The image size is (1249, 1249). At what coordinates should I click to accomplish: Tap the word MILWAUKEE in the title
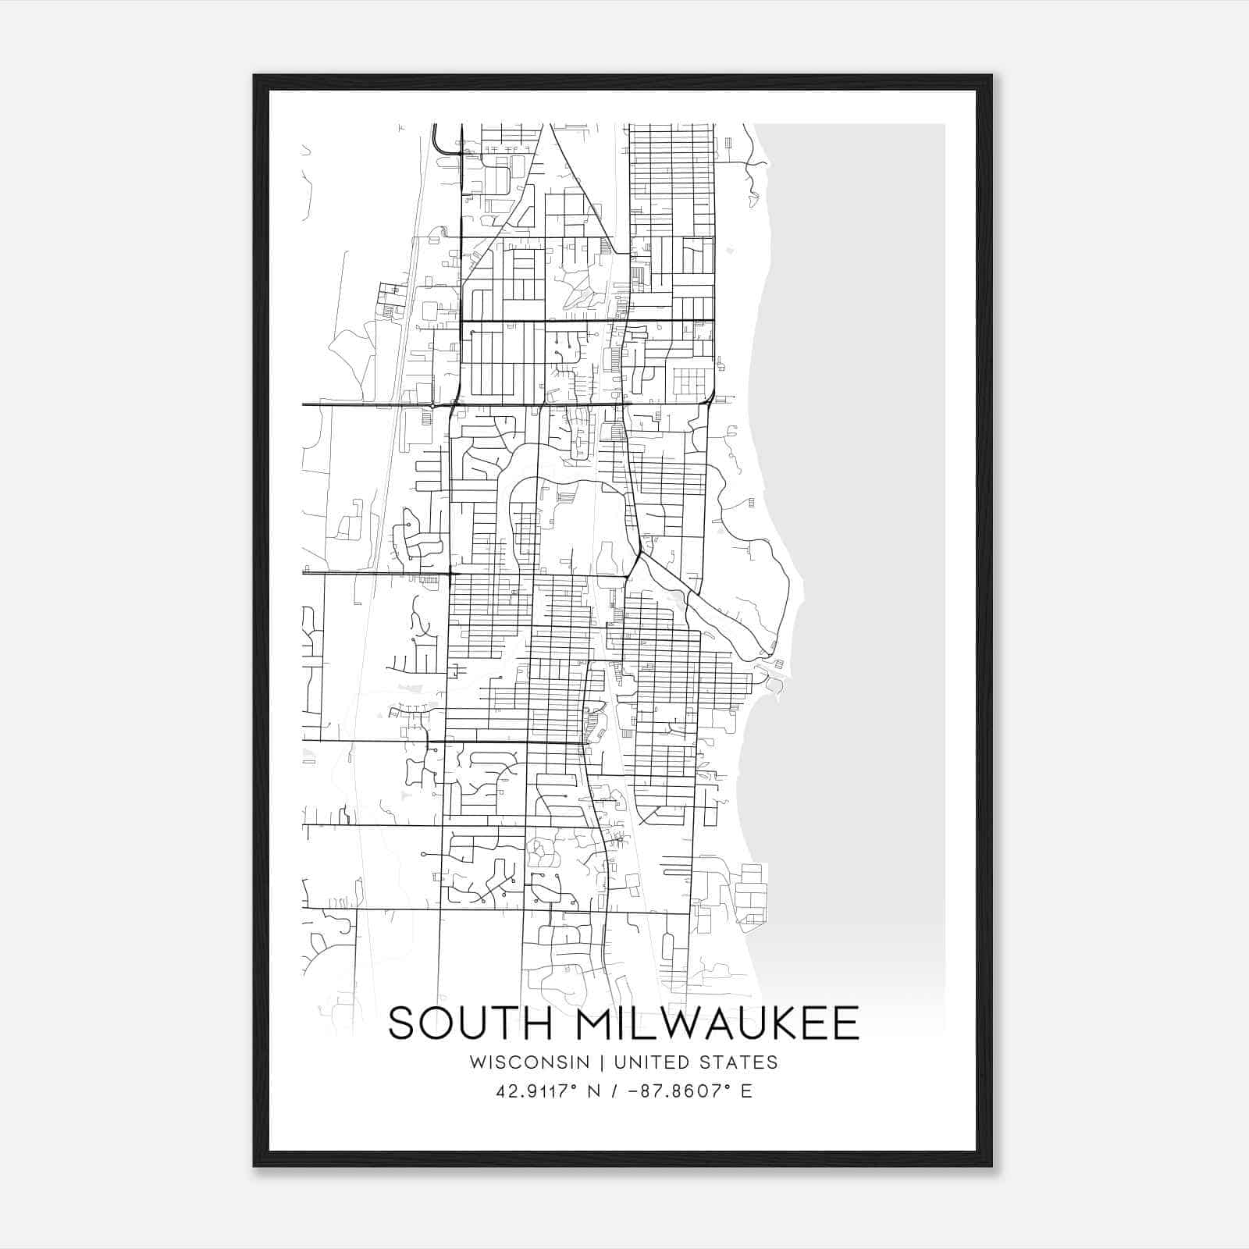(716, 1023)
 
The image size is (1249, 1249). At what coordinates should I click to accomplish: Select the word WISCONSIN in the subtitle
(529, 1062)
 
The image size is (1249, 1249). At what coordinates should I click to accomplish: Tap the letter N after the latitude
(594, 1091)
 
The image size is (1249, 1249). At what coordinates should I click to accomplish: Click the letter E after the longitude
(747, 1091)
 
